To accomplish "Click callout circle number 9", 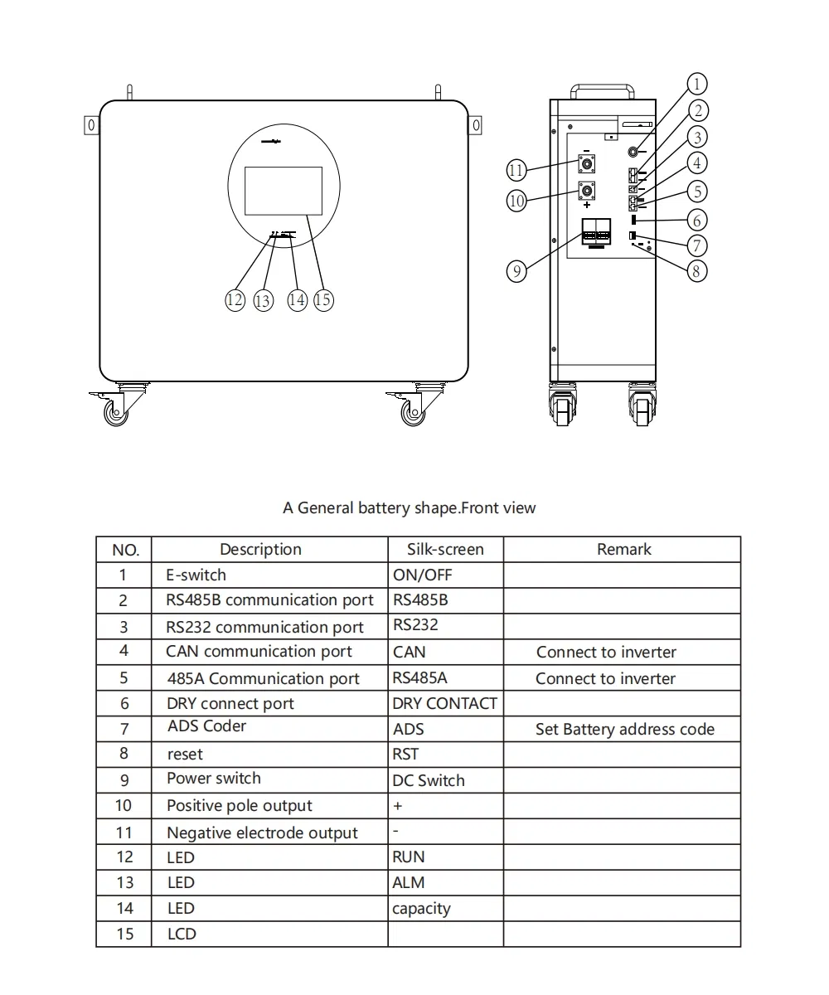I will (x=516, y=271).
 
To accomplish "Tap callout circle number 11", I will (x=516, y=170).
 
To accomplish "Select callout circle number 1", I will (x=697, y=84).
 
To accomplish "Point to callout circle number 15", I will (x=323, y=299).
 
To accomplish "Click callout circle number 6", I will (x=697, y=220).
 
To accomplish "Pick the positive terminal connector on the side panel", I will (x=587, y=190).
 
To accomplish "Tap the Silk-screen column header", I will (x=445, y=549).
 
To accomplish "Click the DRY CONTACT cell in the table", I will (x=444, y=704).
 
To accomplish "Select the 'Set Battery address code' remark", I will (x=624, y=730).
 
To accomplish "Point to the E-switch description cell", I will (x=196, y=575).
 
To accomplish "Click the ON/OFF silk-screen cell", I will (x=423, y=575).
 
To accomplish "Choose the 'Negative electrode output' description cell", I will (x=262, y=832).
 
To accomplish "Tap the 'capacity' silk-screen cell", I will (x=421, y=909).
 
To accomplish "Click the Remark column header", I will (x=623, y=549).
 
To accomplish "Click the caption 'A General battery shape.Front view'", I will (x=410, y=507).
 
